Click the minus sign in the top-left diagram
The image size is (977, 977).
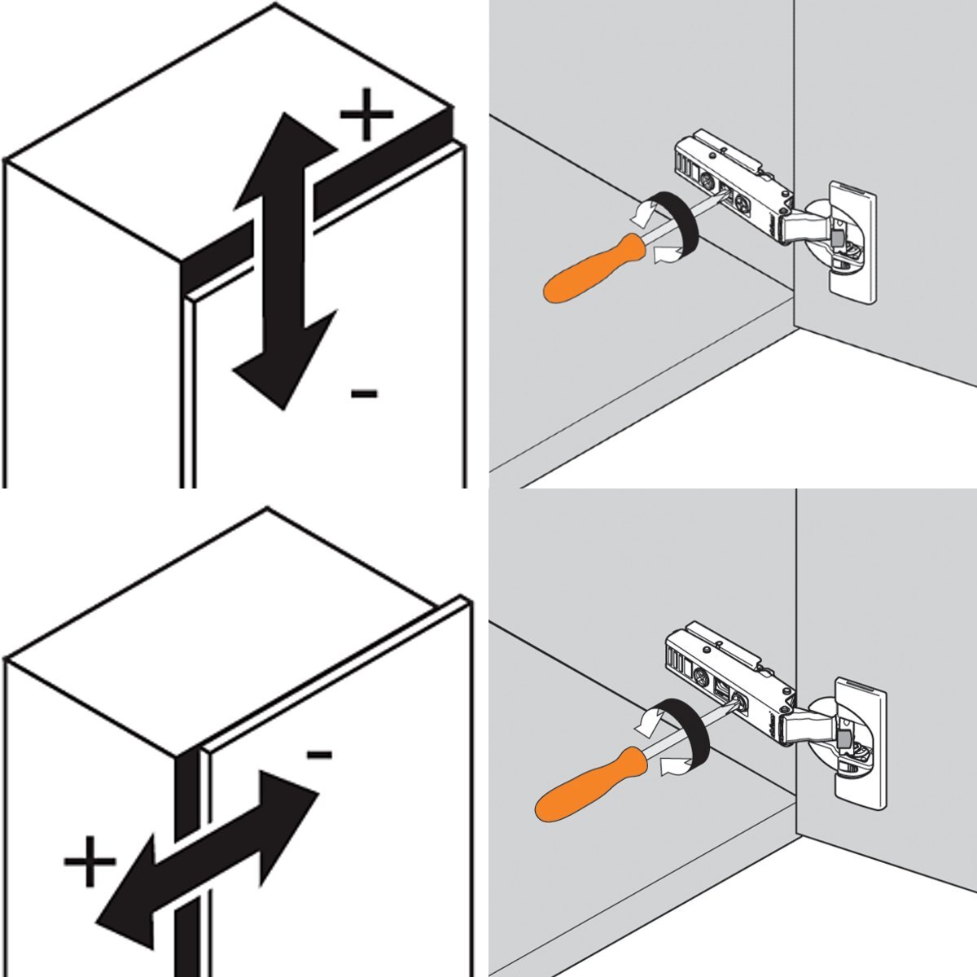tap(364, 395)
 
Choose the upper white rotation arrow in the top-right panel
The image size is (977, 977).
tap(643, 213)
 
